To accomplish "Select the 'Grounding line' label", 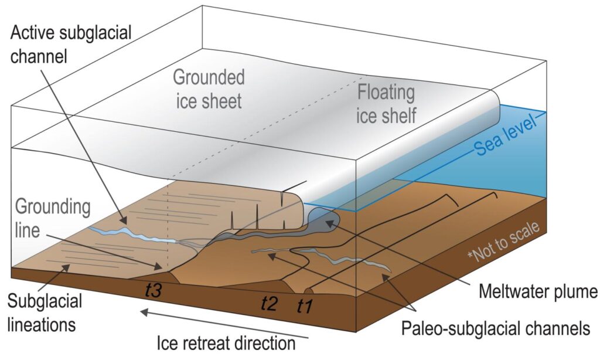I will point(52,218).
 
